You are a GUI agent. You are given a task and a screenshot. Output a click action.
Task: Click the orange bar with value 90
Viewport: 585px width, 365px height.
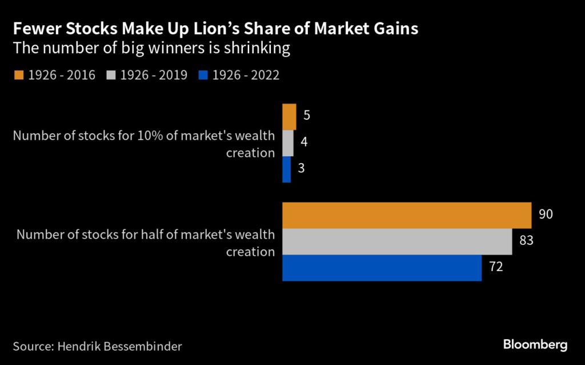[x=406, y=215]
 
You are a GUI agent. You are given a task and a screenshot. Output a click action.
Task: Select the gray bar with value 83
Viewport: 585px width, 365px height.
[x=396, y=241]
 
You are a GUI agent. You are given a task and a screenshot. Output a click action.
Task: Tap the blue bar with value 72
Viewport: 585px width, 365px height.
[x=382, y=268]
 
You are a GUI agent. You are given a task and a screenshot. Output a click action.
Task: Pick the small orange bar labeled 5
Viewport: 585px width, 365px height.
[x=289, y=117]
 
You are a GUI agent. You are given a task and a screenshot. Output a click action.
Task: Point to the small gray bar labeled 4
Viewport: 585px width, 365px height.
[x=287, y=143]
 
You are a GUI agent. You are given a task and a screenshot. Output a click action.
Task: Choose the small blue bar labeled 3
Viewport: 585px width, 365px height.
[x=286, y=169]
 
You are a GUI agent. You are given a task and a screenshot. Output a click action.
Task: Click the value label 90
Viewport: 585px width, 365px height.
[x=546, y=215]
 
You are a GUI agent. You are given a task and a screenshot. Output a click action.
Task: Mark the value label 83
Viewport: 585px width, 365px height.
[x=526, y=241]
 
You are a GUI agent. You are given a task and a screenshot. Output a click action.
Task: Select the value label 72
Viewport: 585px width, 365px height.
[x=495, y=267]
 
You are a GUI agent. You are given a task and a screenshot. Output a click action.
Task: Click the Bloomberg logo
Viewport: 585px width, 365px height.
[x=535, y=344]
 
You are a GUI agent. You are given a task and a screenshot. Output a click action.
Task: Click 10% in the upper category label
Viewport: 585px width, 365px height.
[x=150, y=136]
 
